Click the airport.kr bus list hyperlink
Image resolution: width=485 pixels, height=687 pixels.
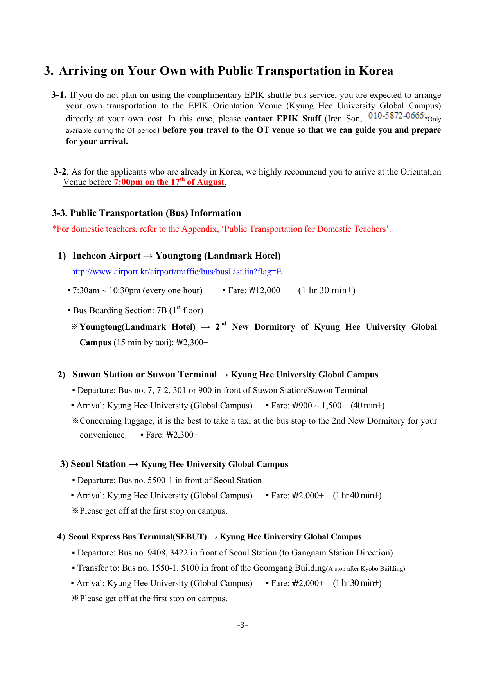[x=176, y=272]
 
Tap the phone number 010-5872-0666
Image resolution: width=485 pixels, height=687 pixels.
[x=396, y=115]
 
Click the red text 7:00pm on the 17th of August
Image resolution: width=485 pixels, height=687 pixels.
[x=169, y=182]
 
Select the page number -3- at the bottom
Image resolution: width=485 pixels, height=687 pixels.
[x=242, y=625]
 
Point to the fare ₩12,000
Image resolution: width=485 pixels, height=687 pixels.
[x=264, y=290]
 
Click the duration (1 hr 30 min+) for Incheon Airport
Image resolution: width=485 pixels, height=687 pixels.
[x=327, y=290]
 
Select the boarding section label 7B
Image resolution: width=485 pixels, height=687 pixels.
[x=162, y=310]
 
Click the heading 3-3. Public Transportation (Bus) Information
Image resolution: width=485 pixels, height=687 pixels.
[x=147, y=213]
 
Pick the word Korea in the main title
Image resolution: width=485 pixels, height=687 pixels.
[x=376, y=71]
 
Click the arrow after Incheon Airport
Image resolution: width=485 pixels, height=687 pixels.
[x=148, y=256]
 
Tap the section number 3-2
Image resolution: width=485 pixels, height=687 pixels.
[x=60, y=172]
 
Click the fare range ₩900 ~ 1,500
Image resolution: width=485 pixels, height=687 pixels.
[x=317, y=406]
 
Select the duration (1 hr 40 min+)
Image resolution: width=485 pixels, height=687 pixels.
[x=357, y=496]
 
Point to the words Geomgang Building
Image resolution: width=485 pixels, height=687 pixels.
[x=289, y=568]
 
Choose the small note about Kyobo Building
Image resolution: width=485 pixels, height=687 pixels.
[x=366, y=569]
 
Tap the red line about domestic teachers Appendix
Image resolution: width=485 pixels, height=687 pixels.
[x=222, y=229]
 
